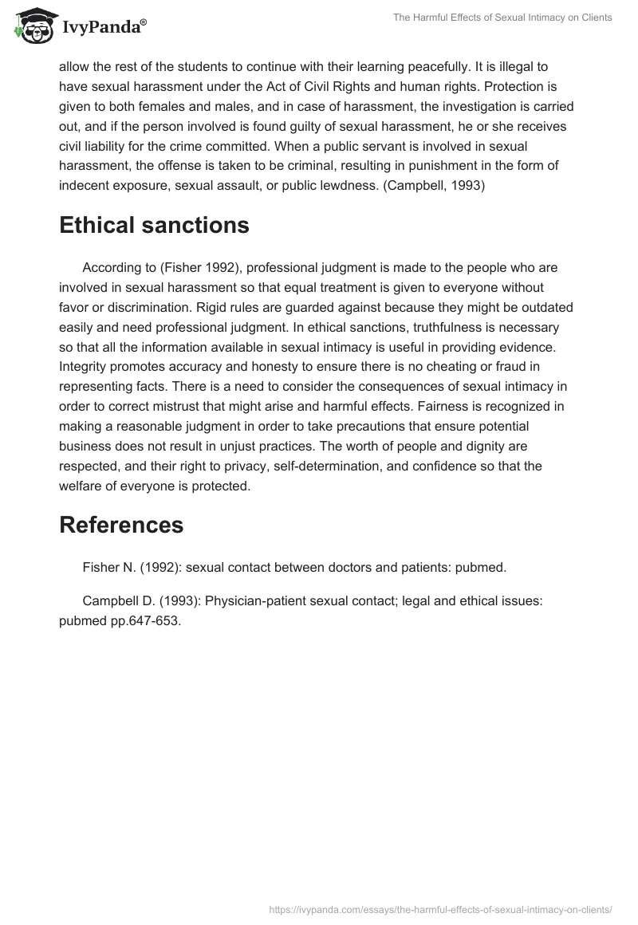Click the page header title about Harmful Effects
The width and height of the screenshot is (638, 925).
(x=502, y=18)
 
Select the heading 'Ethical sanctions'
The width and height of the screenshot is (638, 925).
(x=154, y=226)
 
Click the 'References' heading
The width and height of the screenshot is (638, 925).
(x=121, y=525)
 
